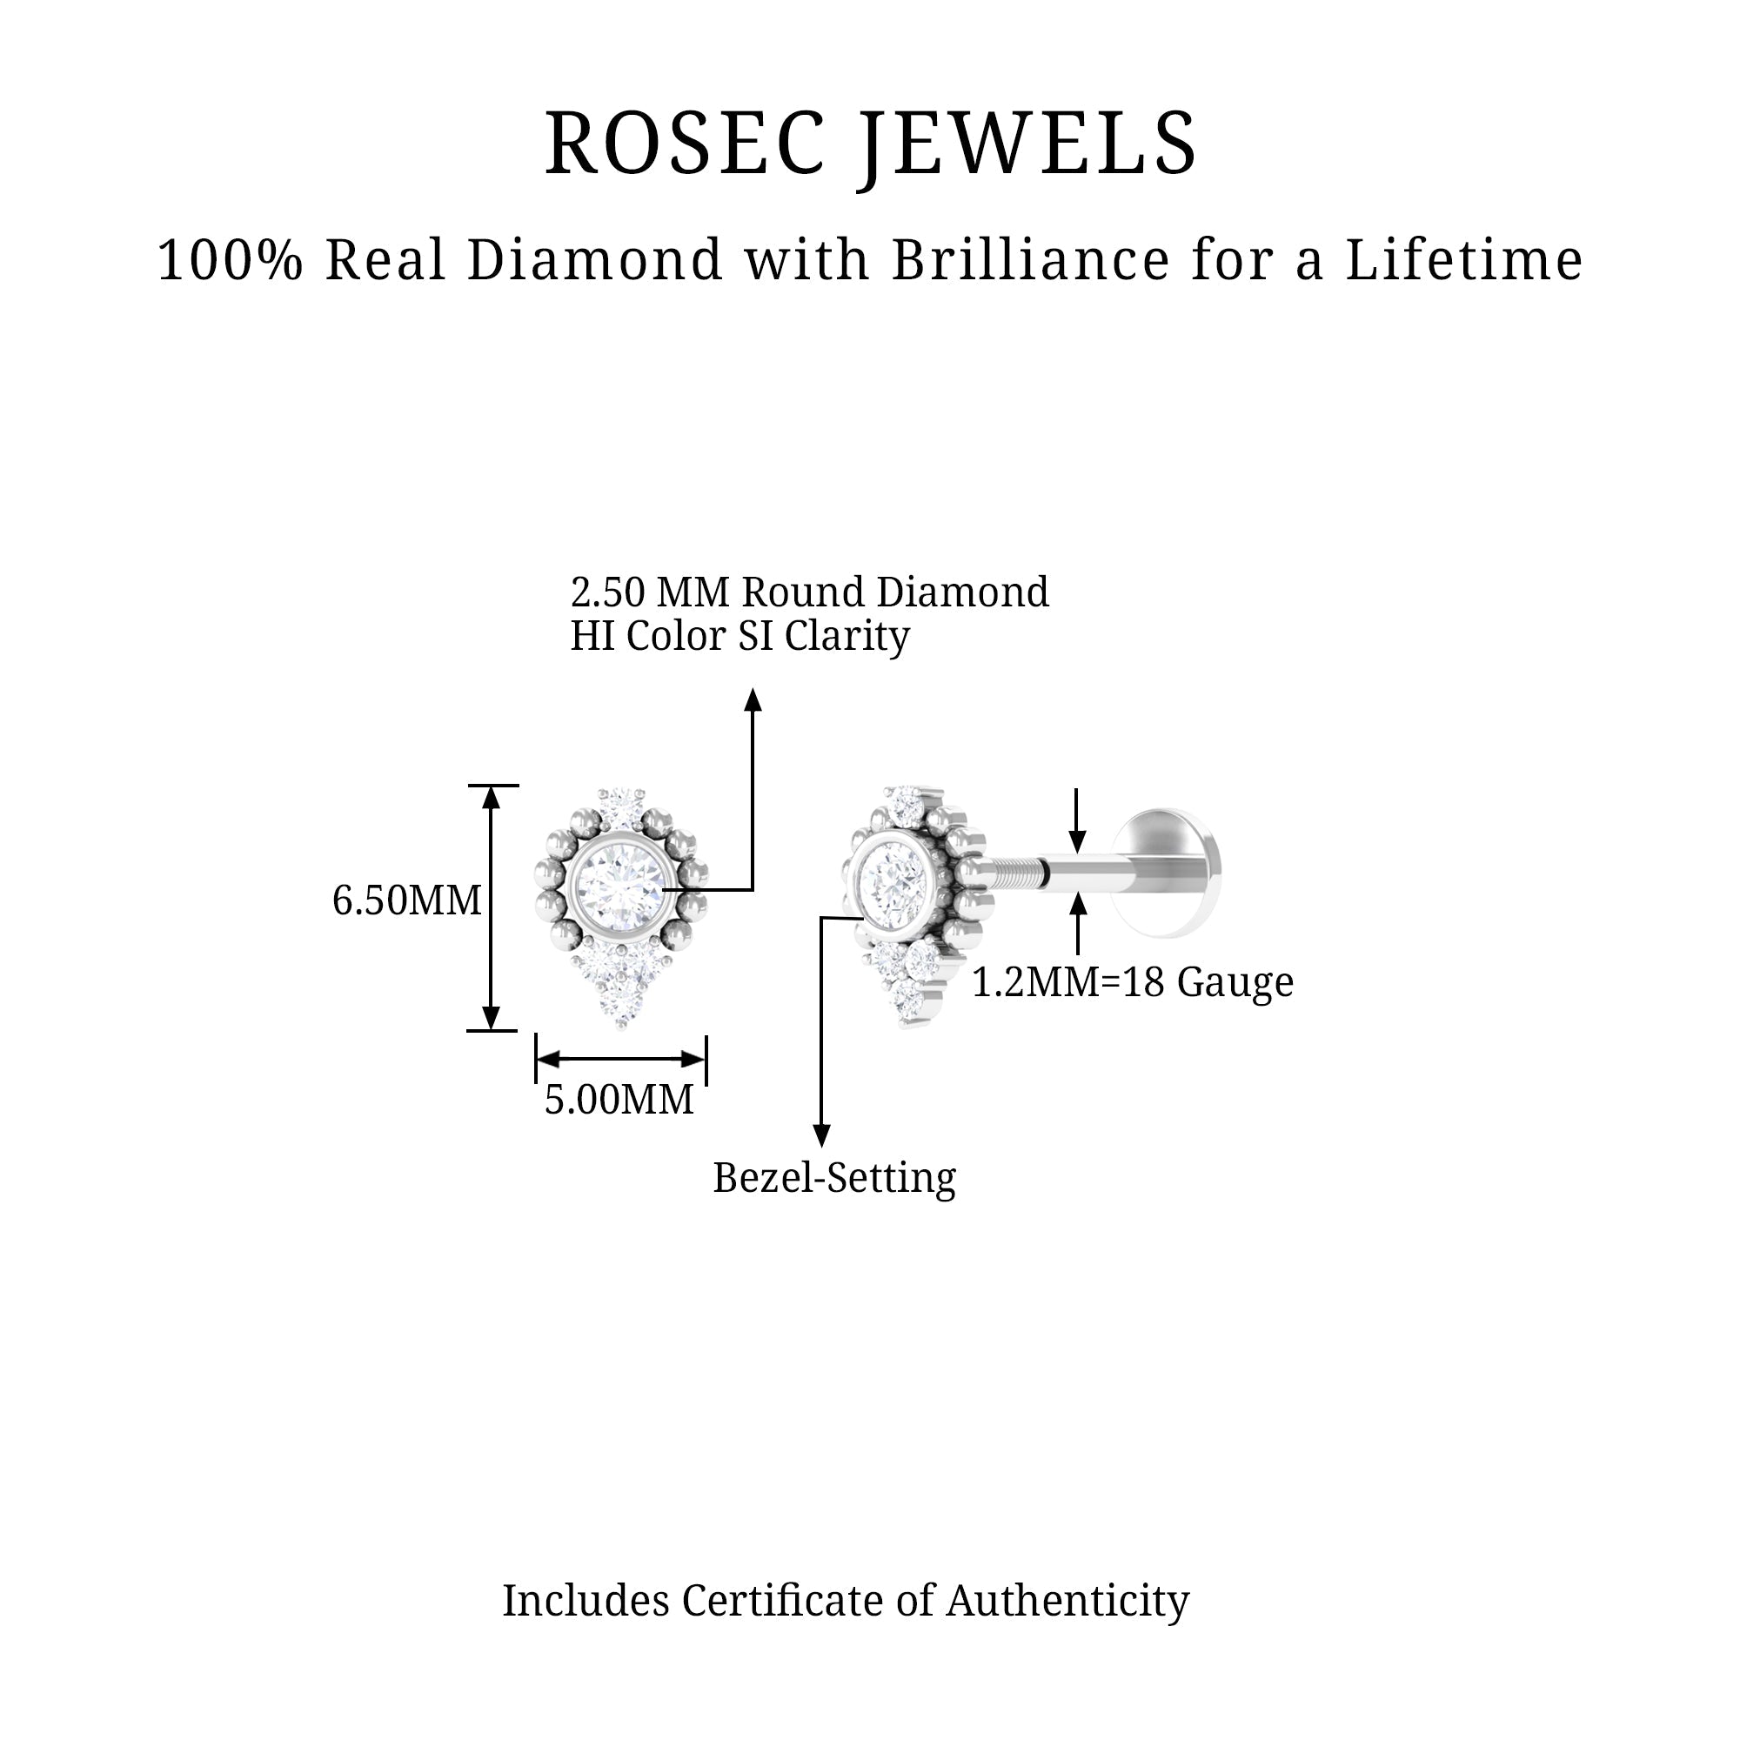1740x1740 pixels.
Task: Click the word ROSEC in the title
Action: [x=685, y=144]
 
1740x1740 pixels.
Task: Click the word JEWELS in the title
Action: [x=1027, y=148]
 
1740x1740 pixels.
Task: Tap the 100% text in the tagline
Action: [x=230, y=260]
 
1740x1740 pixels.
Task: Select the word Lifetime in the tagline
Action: [x=1464, y=259]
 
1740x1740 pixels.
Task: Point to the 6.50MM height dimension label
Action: [x=407, y=900]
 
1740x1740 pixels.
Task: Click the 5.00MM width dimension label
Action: [x=619, y=1099]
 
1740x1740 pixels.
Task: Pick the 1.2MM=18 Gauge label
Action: [x=1132, y=982]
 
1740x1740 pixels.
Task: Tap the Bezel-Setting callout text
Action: [x=834, y=1178]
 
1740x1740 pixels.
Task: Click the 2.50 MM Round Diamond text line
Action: [x=810, y=592]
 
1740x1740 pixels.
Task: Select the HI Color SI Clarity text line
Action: [x=740, y=636]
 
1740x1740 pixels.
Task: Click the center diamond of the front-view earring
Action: [x=621, y=888]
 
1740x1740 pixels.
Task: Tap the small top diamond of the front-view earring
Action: [x=620, y=800]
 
